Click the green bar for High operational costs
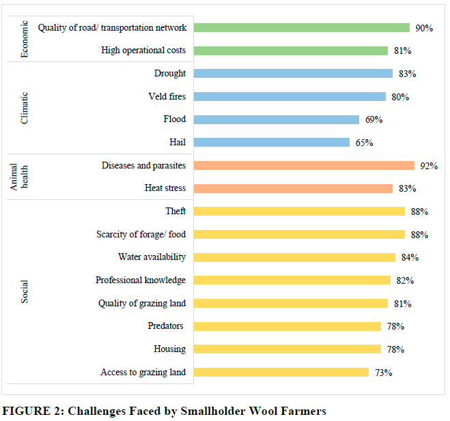pyautogui.click(x=290, y=50)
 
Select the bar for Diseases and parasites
pyautogui.click(x=304, y=165)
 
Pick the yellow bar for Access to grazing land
pyautogui.click(x=281, y=372)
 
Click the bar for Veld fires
pyautogui.click(x=290, y=97)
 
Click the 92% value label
pyautogui.click(x=429, y=166)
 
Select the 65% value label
pyautogui.click(x=364, y=143)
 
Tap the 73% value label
pyautogui.click(x=383, y=373)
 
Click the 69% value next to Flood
pyautogui.click(x=374, y=120)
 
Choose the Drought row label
pyautogui.click(x=170, y=74)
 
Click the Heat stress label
pyautogui.click(x=165, y=188)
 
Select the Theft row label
pyautogui.click(x=175, y=212)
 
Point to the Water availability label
pyautogui.click(x=152, y=257)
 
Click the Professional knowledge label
pyautogui.click(x=141, y=280)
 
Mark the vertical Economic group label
pyautogui.click(x=25, y=39)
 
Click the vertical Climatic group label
pyautogui.click(x=25, y=108)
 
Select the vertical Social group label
pyautogui.click(x=25, y=292)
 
